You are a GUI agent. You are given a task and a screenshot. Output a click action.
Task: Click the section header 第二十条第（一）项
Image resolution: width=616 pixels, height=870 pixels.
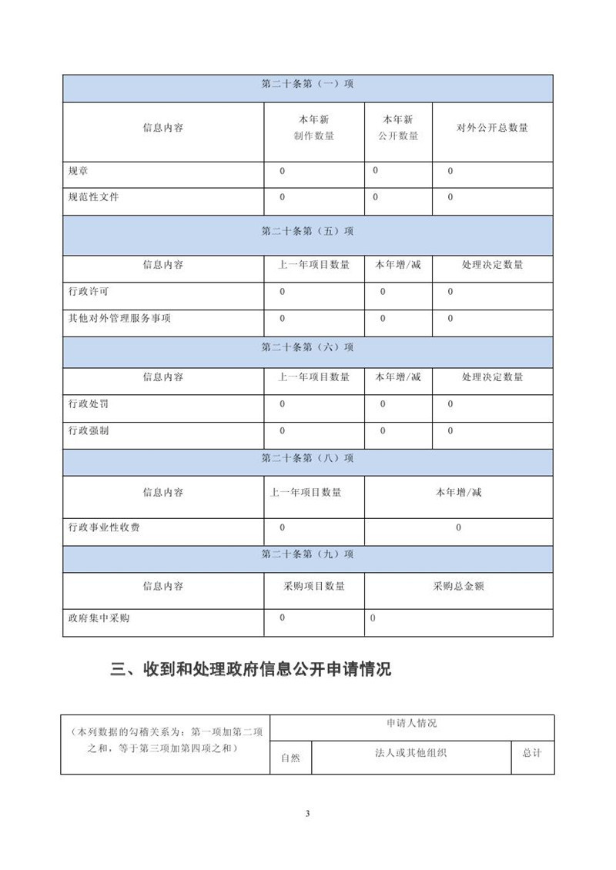[307, 85]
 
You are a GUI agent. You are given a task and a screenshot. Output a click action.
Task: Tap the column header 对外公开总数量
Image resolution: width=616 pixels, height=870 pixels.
[492, 128]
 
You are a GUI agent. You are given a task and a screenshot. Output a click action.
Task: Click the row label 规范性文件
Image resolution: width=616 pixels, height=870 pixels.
[94, 197]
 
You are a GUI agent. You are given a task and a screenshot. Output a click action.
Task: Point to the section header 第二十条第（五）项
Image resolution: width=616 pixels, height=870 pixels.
[307, 231]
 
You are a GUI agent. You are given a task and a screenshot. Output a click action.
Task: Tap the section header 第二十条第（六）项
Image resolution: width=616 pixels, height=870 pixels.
[307, 347]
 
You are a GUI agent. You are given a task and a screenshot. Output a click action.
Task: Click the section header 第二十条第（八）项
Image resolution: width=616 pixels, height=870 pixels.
[307, 458]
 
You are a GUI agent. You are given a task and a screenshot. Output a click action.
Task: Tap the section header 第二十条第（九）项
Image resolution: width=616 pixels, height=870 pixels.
[307, 554]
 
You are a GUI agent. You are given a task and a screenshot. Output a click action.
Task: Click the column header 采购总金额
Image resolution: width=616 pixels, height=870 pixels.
[458, 586]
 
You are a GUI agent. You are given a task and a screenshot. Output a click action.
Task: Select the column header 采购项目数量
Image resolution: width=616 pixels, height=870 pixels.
[314, 586]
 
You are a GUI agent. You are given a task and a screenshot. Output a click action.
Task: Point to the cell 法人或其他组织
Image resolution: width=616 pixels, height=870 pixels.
[411, 753]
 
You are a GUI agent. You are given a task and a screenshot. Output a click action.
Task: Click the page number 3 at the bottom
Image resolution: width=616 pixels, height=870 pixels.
[307, 814]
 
